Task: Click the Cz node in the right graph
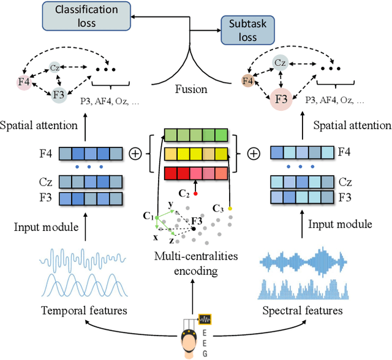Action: tap(281, 62)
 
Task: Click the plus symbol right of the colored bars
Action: tap(252, 153)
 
